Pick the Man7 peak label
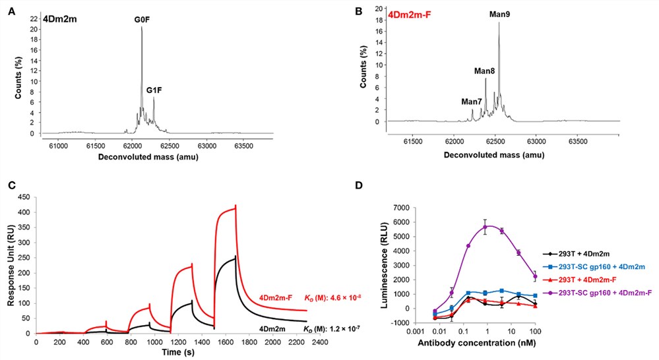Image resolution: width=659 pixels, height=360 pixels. (472, 102)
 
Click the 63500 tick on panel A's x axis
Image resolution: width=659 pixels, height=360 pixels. (243, 143)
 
